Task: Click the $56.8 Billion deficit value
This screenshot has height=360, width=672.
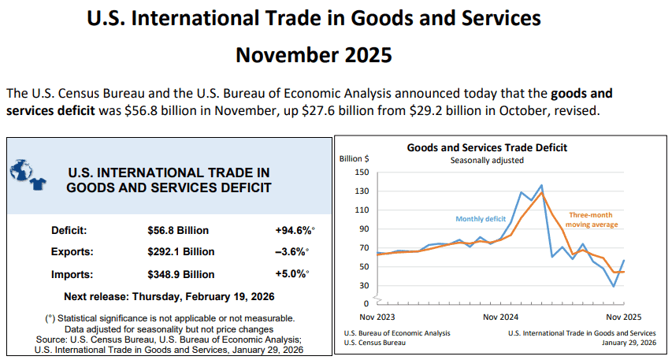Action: [x=178, y=231]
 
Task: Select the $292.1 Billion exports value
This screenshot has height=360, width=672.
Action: [x=180, y=252]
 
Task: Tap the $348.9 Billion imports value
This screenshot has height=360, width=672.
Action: [x=180, y=274]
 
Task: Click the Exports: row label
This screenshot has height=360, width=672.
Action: [x=72, y=252]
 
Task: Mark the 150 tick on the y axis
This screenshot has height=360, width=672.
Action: [x=362, y=173]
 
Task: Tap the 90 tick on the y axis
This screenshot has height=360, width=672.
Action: [x=364, y=229]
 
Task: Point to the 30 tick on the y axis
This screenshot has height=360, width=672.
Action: [x=364, y=285]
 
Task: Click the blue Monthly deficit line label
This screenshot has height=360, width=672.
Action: [x=481, y=218]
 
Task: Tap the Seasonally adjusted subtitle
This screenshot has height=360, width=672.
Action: [x=487, y=160]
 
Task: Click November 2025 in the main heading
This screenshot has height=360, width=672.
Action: [x=314, y=55]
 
